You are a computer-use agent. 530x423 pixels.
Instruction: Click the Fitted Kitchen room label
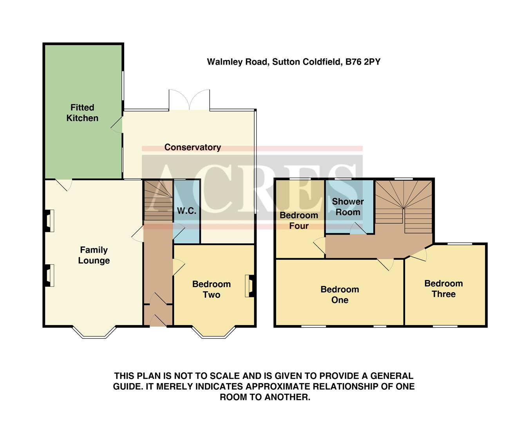click(82, 113)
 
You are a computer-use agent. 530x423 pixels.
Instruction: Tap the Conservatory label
click(192, 147)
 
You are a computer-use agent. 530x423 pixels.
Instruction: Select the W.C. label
click(186, 211)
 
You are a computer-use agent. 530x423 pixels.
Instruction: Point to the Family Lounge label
click(94, 255)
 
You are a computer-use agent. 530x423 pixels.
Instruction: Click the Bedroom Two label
click(212, 289)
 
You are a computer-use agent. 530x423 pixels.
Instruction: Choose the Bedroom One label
click(340, 295)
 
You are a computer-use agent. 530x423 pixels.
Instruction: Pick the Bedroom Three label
click(443, 289)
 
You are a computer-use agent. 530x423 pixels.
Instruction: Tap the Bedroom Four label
click(299, 221)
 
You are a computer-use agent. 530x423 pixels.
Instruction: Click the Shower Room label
click(348, 207)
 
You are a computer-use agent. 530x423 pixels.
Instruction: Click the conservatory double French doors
click(189, 100)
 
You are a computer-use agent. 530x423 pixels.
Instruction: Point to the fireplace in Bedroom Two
click(250, 286)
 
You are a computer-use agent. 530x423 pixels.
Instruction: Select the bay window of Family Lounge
click(94, 333)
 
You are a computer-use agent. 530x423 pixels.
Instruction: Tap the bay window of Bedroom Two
click(214, 333)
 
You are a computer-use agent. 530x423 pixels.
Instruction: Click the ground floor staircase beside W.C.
click(158, 200)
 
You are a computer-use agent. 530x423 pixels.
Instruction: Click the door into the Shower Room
click(358, 229)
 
